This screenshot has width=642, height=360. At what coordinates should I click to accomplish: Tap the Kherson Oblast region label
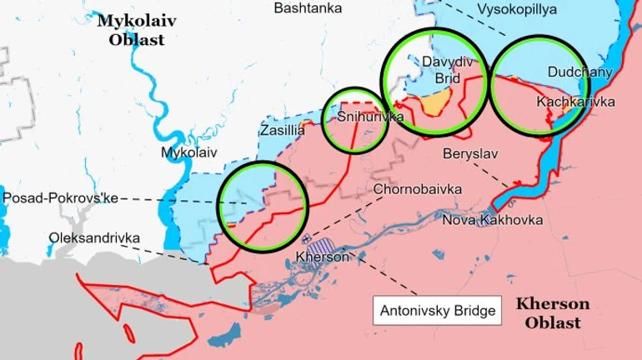(x=553, y=312)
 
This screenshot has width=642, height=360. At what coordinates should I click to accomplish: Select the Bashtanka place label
(x=306, y=8)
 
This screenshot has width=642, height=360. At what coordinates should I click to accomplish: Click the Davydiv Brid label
(x=441, y=70)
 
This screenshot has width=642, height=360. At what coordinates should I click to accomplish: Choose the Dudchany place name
(x=579, y=72)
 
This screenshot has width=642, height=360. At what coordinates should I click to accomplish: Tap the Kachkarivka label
(x=575, y=102)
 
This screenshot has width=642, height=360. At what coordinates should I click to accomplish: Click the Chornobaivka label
(x=418, y=189)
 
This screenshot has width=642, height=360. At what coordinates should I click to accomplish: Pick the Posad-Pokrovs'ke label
(x=61, y=198)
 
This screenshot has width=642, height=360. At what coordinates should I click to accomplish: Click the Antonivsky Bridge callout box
(x=438, y=312)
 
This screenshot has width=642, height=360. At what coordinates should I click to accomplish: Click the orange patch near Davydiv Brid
(x=437, y=104)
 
